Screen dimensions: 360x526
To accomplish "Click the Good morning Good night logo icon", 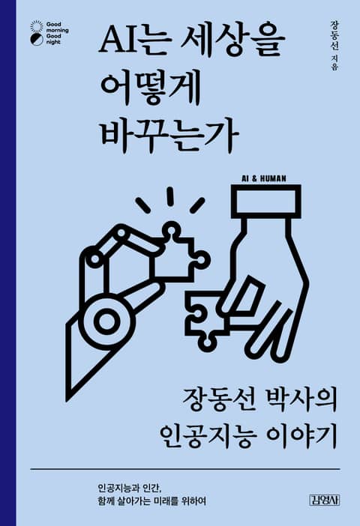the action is (37, 33).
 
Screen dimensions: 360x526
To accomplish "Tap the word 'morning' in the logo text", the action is (57, 30).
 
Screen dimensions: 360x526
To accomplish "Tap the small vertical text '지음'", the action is (334, 63).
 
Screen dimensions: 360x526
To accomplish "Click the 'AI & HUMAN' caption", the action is (264, 178).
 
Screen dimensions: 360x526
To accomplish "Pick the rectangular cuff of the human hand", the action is (267, 199).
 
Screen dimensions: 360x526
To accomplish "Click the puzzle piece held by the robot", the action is (178, 253).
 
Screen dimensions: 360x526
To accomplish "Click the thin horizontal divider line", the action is (185, 468).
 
